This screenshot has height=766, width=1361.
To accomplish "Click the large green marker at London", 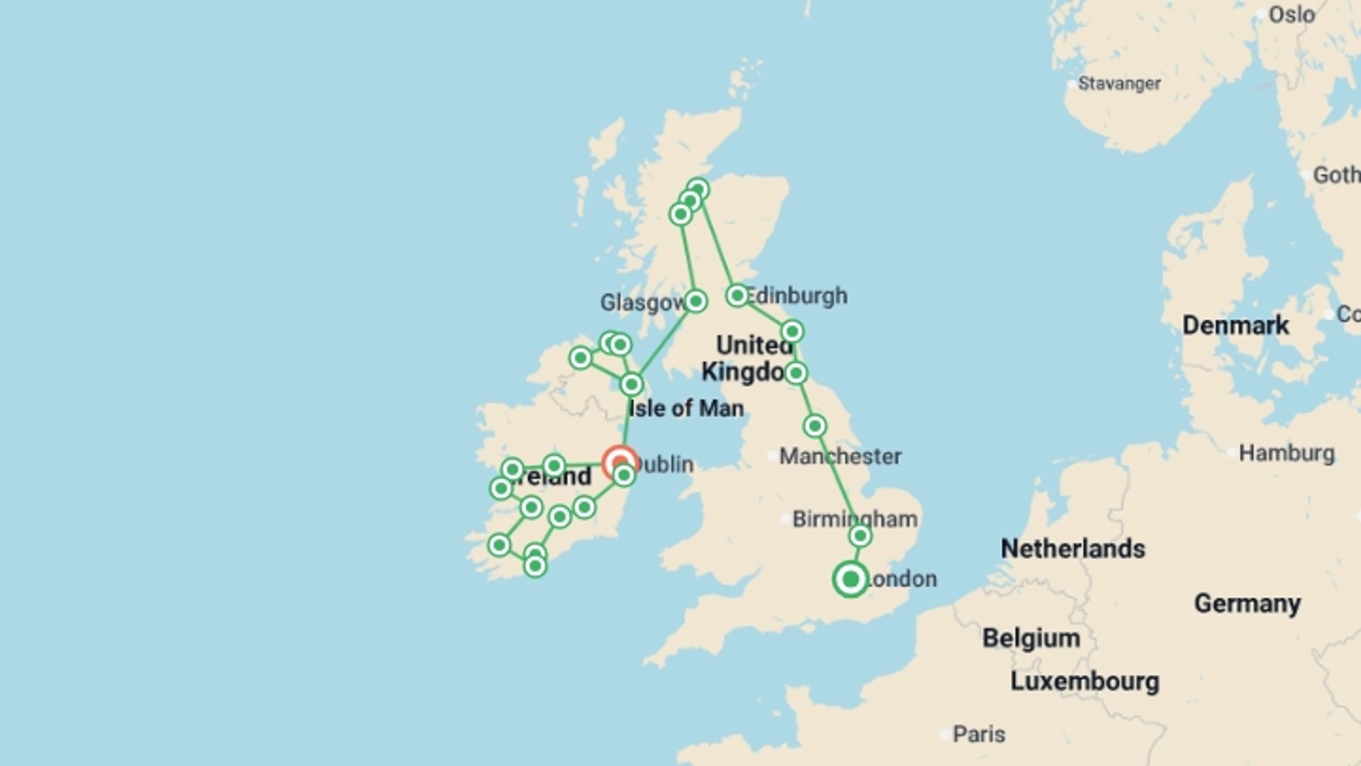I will [x=851, y=579].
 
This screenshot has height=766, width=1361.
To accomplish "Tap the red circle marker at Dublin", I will [x=620, y=463].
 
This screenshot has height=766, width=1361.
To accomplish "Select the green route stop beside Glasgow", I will [x=695, y=301].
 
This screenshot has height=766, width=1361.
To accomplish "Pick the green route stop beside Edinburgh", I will [x=737, y=295].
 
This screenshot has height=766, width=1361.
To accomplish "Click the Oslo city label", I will [x=1292, y=15].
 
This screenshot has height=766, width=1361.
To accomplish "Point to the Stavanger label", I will [x=1119, y=84].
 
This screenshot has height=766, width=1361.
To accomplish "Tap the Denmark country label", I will [x=1236, y=326].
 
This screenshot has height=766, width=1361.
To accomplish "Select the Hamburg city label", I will [x=1287, y=453].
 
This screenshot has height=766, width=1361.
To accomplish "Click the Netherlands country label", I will [x=1072, y=549].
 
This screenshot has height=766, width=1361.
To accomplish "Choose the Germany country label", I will [x=1248, y=604].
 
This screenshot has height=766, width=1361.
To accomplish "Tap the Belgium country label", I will [x=1031, y=638].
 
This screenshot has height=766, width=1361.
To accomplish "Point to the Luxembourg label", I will [x=1085, y=682].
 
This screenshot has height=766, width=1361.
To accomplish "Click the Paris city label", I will [x=979, y=734].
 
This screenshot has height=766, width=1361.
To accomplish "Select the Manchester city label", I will [x=841, y=456].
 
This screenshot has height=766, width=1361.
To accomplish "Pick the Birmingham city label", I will [x=855, y=519].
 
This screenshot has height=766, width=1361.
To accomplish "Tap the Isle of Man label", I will [x=686, y=409].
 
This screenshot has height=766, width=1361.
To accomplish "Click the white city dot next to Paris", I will [x=944, y=735].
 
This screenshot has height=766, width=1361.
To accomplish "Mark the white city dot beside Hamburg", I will [x=1232, y=453].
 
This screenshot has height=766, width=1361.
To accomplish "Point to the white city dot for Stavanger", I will [x=1071, y=84].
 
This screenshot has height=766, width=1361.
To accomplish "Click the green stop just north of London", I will [x=860, y=536].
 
